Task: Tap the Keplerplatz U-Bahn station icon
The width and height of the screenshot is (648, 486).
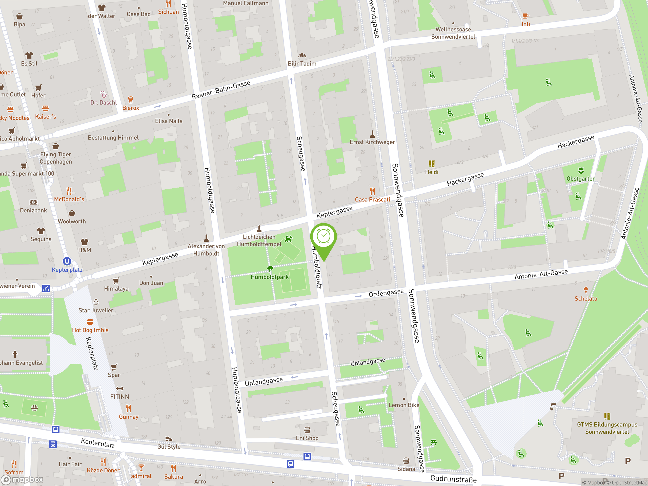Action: [x=67, y=261]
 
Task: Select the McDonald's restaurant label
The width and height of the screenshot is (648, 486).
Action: [x=69, y=199]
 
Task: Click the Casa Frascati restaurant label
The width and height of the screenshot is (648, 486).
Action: [x=372, y=199]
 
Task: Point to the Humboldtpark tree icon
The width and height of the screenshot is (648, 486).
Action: [x=270, y=268]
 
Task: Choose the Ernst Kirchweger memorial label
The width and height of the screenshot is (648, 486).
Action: [x=372, y=142]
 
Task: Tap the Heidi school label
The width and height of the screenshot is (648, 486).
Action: [x=432, y=172]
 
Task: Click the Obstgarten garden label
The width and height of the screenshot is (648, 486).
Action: [x=581, y=179]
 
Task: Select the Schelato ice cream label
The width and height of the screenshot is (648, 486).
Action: [x=585, y=298]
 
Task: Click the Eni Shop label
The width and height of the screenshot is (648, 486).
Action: [x=307, y=438]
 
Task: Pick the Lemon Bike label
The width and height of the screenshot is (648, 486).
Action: [x=404, y=405]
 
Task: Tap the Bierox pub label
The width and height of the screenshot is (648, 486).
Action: [x=131, y=108]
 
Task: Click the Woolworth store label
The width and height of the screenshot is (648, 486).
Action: [x=72, y=221]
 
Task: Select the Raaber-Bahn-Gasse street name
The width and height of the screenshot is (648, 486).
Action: [x=221, y=90]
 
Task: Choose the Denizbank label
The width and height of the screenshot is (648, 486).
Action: [x=33, y=210]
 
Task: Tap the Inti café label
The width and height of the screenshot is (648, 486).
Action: [x=525, y=24]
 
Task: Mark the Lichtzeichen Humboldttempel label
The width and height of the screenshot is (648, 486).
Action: [x=259, y=240]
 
